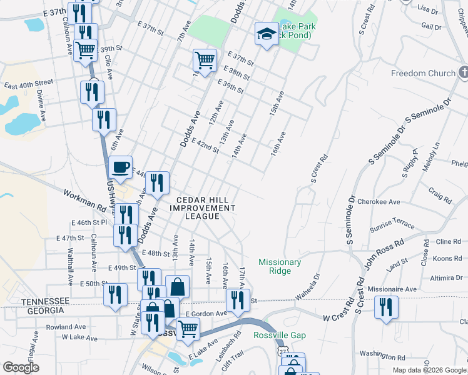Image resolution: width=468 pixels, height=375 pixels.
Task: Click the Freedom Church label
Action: coord(424,73)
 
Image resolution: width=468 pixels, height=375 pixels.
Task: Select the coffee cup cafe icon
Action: coord(120,167)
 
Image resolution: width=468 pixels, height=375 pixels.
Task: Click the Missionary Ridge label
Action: coord(280,267)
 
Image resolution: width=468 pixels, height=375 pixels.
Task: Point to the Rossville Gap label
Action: coord(280,336)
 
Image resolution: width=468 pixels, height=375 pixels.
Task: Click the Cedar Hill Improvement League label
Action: coord(201,207)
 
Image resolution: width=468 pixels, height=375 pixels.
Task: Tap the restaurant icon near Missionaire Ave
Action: coord(386,307)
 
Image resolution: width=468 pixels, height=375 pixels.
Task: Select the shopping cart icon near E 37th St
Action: coord(205,60)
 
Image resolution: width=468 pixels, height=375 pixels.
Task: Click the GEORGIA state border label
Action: coord(42,311)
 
